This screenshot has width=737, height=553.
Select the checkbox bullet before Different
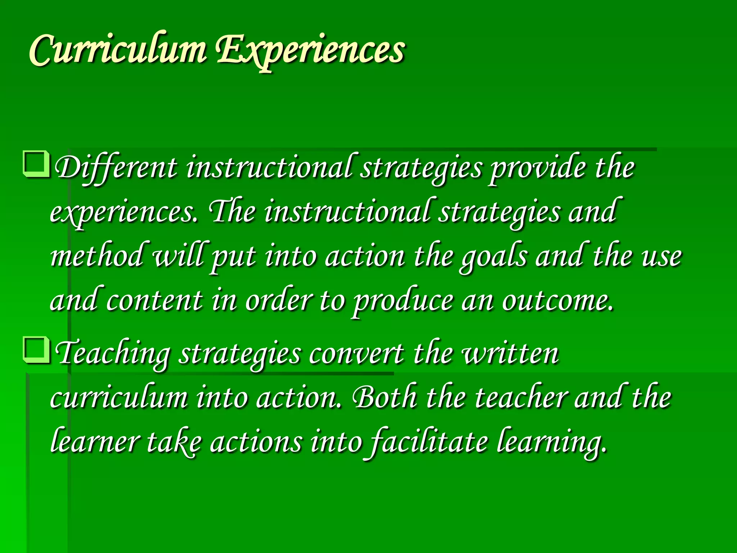coord(36,165)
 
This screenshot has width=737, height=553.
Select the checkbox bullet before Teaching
coord(36,350)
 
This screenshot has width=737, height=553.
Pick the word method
coord(96,256)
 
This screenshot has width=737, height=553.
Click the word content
coord(154,300)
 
